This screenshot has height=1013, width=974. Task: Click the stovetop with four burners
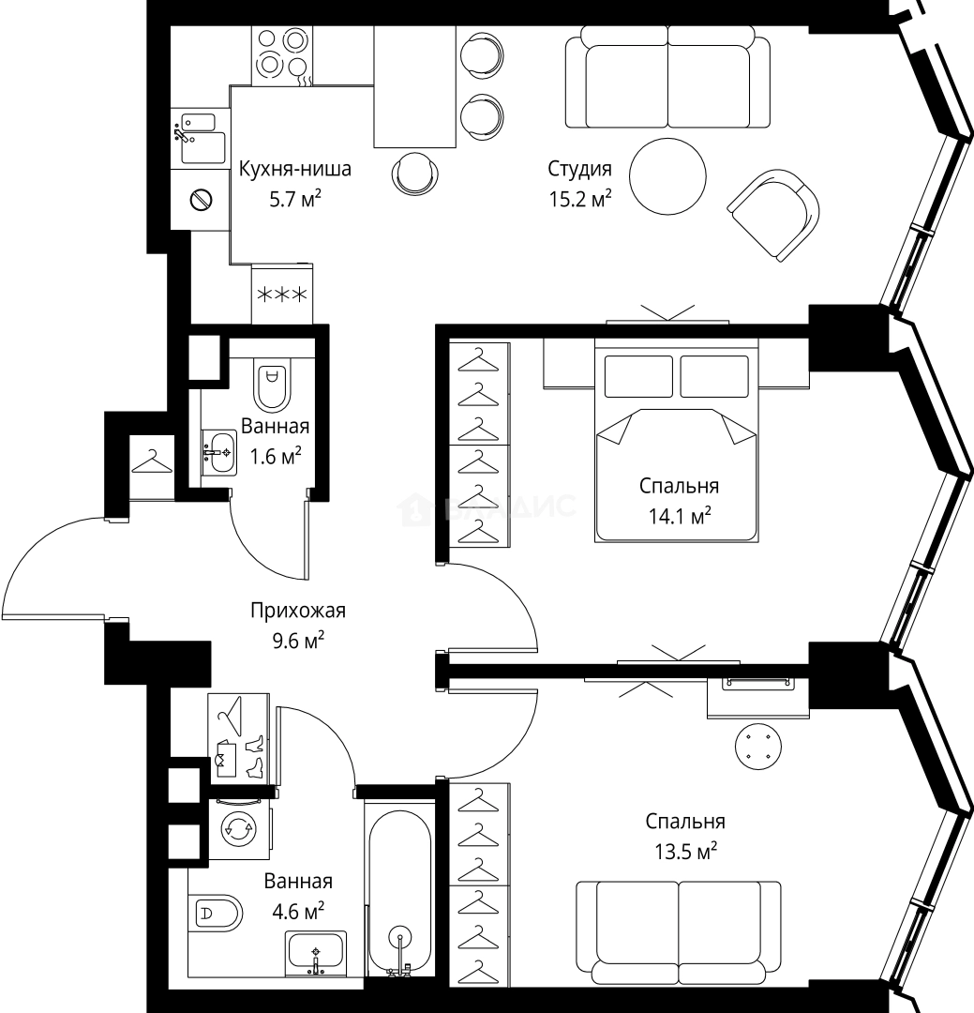pyautogui.click(x=281, y=55)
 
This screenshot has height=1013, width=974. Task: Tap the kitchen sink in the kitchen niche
pyautogui.click(x=201, y=139)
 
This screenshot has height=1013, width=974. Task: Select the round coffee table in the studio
pyautogui.click(x=667, y=175)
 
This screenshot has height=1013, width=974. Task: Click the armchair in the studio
pyautogui.click(x=773, y=215)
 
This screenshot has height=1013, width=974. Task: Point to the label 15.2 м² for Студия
pyautogui.click(x=580, y=199)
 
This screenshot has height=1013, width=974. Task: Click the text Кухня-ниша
pyautogui.click(x=295, y=169)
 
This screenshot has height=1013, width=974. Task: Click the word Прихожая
pyautogui.click(x=298, y=612)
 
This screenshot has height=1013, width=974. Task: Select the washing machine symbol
pyautogui.click(x=239, y=829)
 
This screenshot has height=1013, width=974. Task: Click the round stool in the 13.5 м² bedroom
pyautogui.click(x=757, y=747)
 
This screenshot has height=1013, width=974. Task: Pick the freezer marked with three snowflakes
pyautogui.click(x=282, y=294)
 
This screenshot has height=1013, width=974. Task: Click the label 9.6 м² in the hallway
pyautogui.click(x=298, y=641)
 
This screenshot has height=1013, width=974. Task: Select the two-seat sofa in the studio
pyautogui.click(x=667, y=78)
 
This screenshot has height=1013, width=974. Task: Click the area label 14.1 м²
pyautogui.click(x=680, y=516)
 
